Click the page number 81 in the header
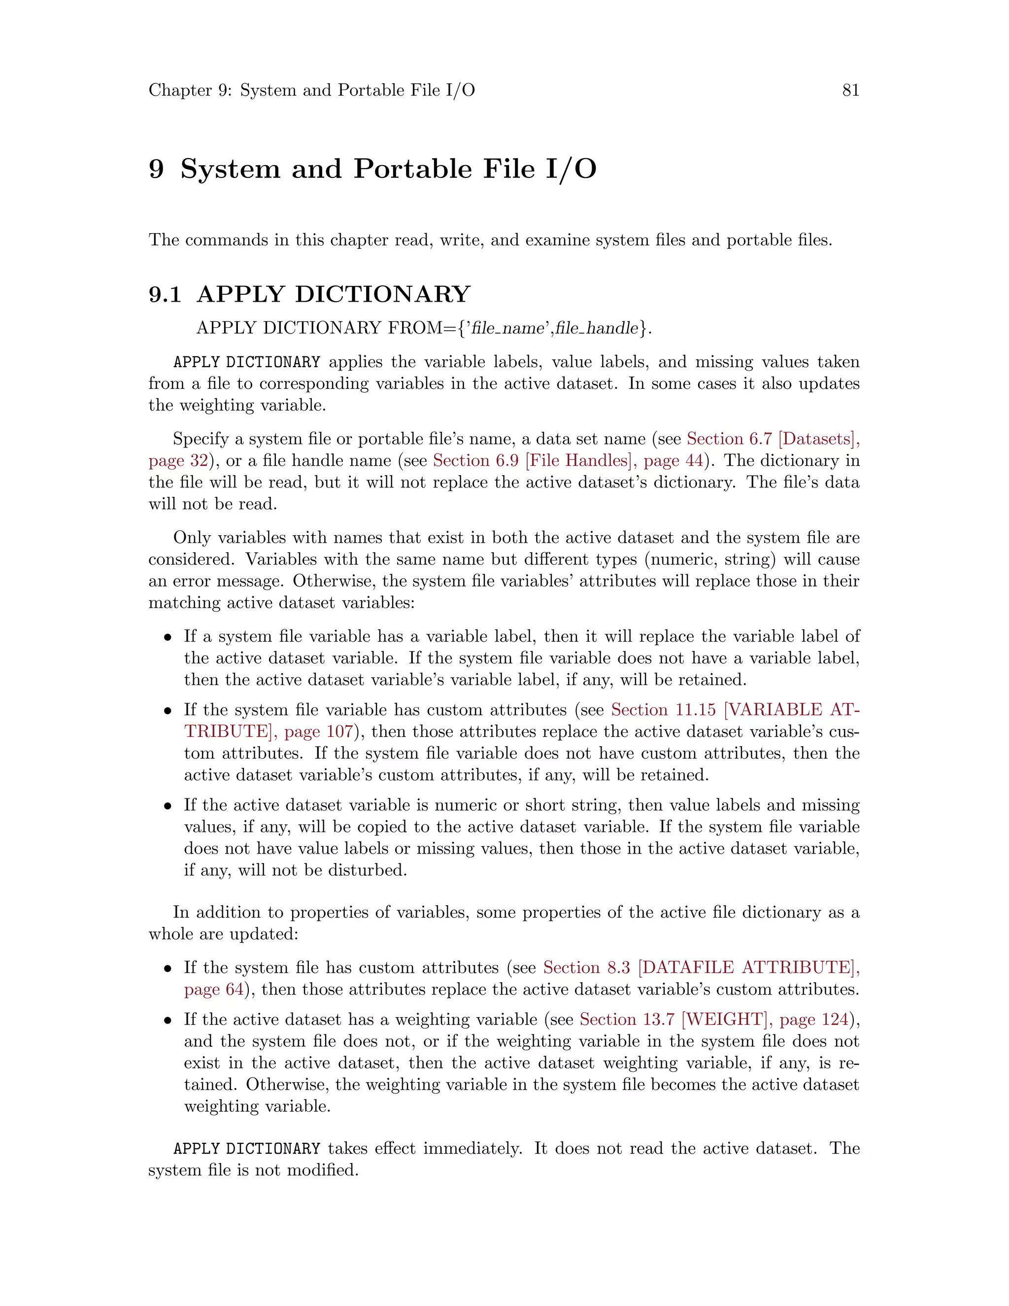point(850,90)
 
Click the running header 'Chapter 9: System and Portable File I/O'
point(311,90)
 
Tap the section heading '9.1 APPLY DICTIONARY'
point(309,294)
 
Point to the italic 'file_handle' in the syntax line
point(596,328)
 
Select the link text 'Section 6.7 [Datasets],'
point(773,439)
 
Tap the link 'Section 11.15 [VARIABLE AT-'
point(735,710)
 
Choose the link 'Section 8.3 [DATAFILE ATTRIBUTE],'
point(701,967)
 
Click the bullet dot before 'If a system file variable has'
point(168,637)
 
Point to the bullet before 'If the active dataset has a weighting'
point(168,1021)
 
